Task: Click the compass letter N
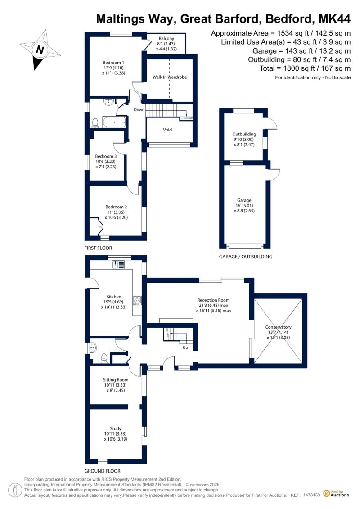40,50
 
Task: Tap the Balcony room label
166,38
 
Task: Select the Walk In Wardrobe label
170,77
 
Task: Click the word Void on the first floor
167,130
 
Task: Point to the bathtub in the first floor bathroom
114,122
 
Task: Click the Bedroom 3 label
106,156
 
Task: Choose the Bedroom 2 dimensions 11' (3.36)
116,212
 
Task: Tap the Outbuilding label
244,134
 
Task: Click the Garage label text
244,201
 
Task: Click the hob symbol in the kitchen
137,300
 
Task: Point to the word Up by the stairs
185,348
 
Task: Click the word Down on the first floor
139,110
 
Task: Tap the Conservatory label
278,327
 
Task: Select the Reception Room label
213,300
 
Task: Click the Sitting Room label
116,380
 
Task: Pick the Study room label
116,428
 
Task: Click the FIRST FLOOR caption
98,248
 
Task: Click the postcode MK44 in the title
335,19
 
